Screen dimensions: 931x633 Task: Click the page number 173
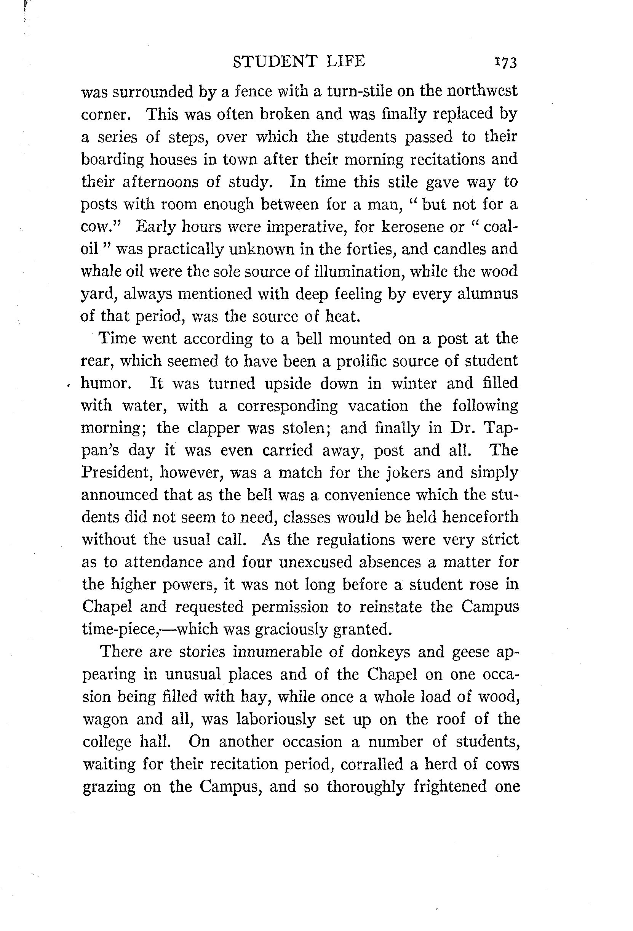tap(506, 62)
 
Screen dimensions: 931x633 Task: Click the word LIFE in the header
tap(345, 61)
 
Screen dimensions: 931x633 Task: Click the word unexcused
tap(315, 562)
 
